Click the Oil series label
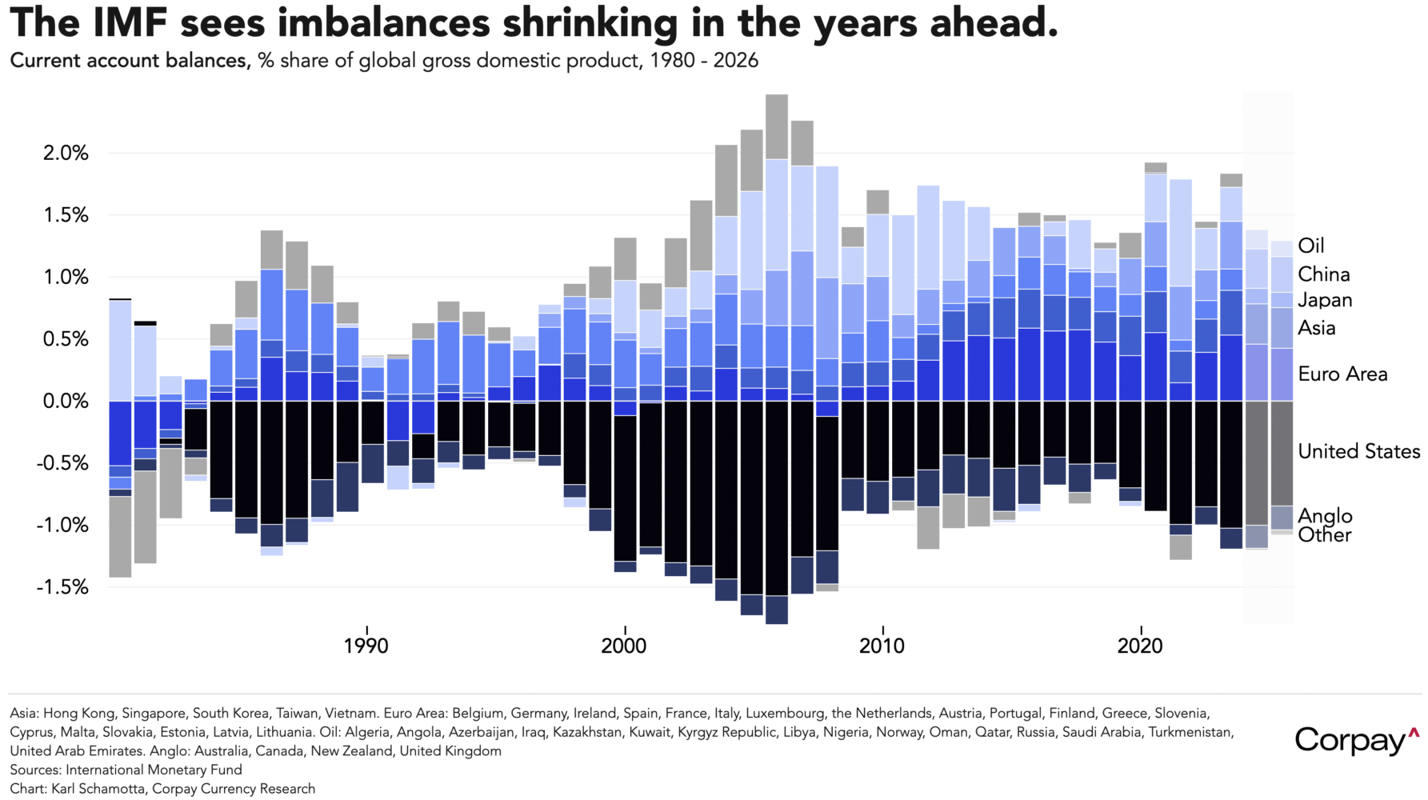click(x=1311, y=246)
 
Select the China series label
click(x=1323, y=274)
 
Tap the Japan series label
click(x=1325, y=300)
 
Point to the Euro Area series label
click(x=1342, y=374)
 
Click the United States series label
click(x=1358, y=451)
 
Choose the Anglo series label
click(x=1325, y=516)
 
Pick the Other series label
click(x=1324, y=535)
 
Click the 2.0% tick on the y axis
click(x=66, y=153)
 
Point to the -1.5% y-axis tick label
click(x=62, y=587)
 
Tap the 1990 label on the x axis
click(x=366, y=646)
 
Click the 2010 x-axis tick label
click(x=882, y=646)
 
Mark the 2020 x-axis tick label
click(x=1139, y=646)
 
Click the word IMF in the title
click(x=130, y=24)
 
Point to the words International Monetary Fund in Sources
click(x=154, y=770)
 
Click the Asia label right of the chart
click(x=1316, y=328)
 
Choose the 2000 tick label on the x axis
click(x=624, y=646)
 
